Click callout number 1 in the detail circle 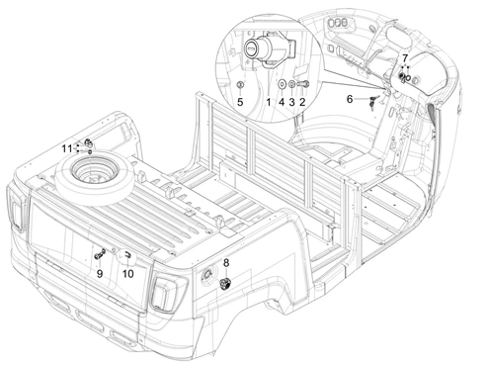click(x=269, y=102)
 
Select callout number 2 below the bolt click(x=302, y=102)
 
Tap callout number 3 click(x=291, y=102)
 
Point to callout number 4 click(x=282, y=102)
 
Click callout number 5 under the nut click(x=240, y=102)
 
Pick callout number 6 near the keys click(x=350, y=99)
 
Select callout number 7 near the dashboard click(x=405, y=58)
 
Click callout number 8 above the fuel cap click(x=226, y=263)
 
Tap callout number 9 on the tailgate click(x=100, y=273)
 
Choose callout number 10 click(x=127, y=273)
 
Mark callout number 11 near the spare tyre click(x=67, y=148)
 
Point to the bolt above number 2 click(x=303, y=84)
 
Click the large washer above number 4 click(x=282, y=84)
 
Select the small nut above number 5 click(x=240, y=85)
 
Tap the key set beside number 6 click(x=373, y=101)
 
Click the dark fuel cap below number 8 click(x=225, y=284)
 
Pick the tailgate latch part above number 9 click(x=100, y=254)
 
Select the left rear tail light click(x=16, y=209)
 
